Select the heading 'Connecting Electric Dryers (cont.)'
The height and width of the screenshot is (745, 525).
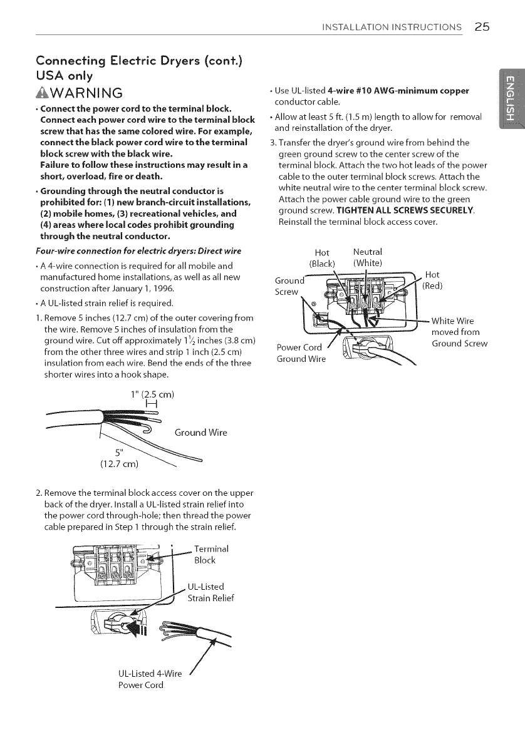(120, 62)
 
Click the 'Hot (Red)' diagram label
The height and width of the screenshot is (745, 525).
(433, 280)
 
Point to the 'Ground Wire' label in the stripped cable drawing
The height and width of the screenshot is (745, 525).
(200, 433)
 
